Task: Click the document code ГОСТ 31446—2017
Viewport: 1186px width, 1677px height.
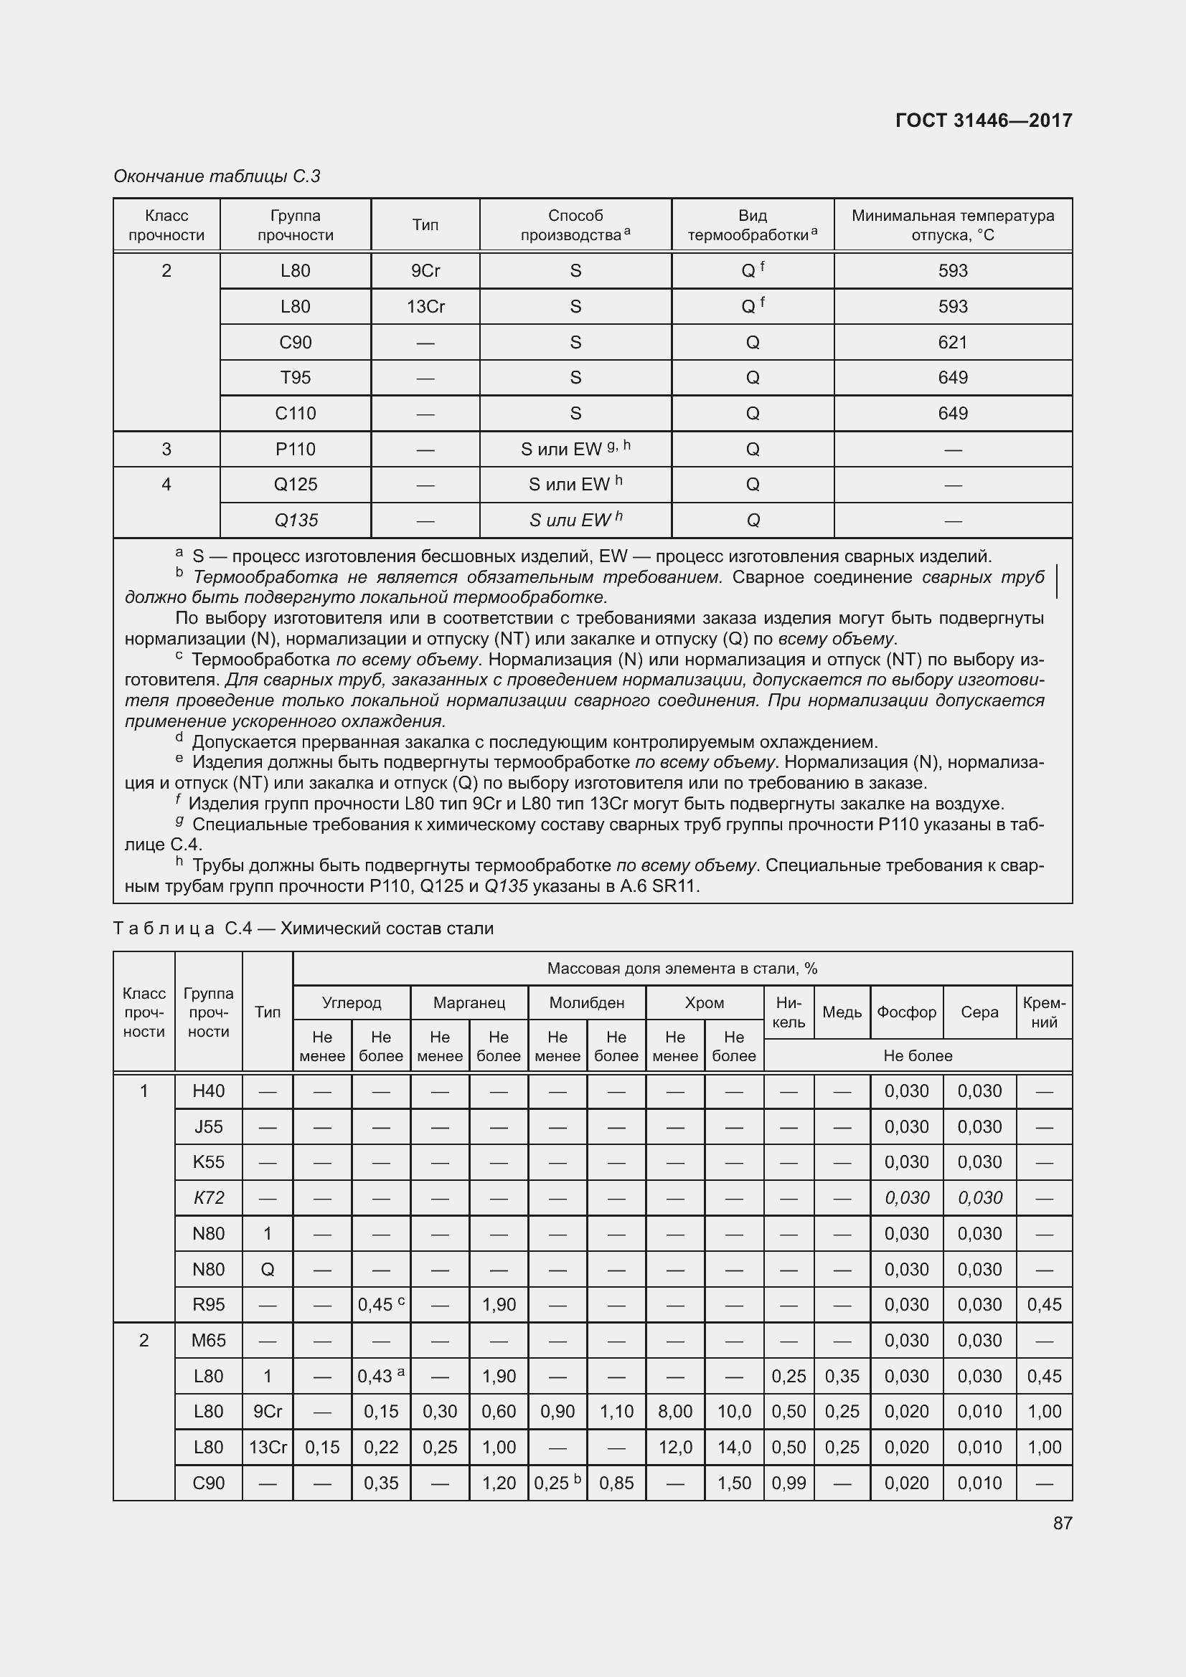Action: (983, 120)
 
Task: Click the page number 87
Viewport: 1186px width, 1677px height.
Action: (1063, 1523)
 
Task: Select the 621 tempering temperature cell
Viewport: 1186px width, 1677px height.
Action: (952, 342)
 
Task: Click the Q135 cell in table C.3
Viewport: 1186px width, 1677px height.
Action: (295, 520)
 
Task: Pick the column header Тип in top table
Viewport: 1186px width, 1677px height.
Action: (425, 225)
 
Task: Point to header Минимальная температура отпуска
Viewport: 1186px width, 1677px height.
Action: (952, 225)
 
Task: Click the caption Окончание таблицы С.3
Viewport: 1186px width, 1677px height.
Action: (217, 176)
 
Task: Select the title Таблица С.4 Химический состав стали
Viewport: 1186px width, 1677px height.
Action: (303, 928)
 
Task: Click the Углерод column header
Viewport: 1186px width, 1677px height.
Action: (352, 1003)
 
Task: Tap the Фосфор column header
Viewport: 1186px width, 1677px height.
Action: (906, 1012)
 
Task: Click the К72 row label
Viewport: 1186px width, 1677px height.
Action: (208, 1198)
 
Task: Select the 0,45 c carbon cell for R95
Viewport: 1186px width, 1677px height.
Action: (381, 1304)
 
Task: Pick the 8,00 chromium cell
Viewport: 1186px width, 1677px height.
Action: (674, 1411)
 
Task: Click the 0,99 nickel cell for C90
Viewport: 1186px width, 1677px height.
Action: (789, 1483)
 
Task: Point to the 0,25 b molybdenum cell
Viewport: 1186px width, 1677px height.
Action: (557, 1483)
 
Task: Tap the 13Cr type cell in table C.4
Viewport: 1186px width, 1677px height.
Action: (268, 1447)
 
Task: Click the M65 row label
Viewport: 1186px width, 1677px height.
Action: (208, 1340)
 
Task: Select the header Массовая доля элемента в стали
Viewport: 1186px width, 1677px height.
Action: (682, 969)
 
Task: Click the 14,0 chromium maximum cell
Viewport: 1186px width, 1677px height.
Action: (734, 1447)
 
